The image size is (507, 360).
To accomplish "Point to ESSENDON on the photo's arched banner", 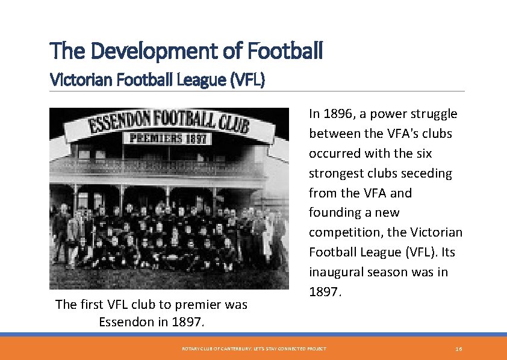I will pyautogui.click(x=120, y=124).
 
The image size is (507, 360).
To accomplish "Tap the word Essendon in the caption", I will pyautogui.click(x=125, y=321).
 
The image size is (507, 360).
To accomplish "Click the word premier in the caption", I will pyautogui.click(x=188, y=304).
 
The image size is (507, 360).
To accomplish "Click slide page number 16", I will pyautogui.click(x=459, y=349).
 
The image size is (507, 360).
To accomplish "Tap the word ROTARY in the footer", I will pyautogui.click(x=190, y=349).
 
